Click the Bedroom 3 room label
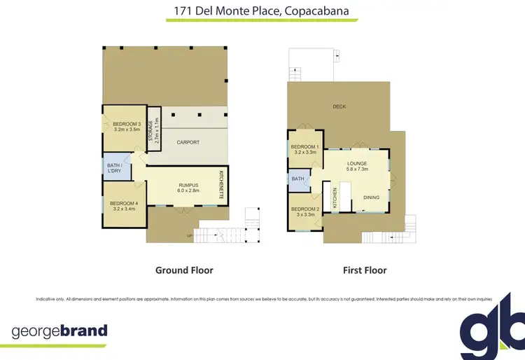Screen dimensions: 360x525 click(125, 124)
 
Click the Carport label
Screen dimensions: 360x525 click(188, 142)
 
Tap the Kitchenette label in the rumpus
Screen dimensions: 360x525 click(221, 185)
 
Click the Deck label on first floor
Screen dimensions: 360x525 click(339, 106)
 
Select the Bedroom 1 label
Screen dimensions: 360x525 click(306, 146)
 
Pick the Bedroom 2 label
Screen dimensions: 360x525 click(305, 209)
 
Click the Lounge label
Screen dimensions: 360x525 click(356, 162)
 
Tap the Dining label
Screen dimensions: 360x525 click(371, 198)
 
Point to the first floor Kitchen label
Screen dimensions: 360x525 click(335, 198)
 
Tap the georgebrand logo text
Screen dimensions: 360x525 click(60, 331)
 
